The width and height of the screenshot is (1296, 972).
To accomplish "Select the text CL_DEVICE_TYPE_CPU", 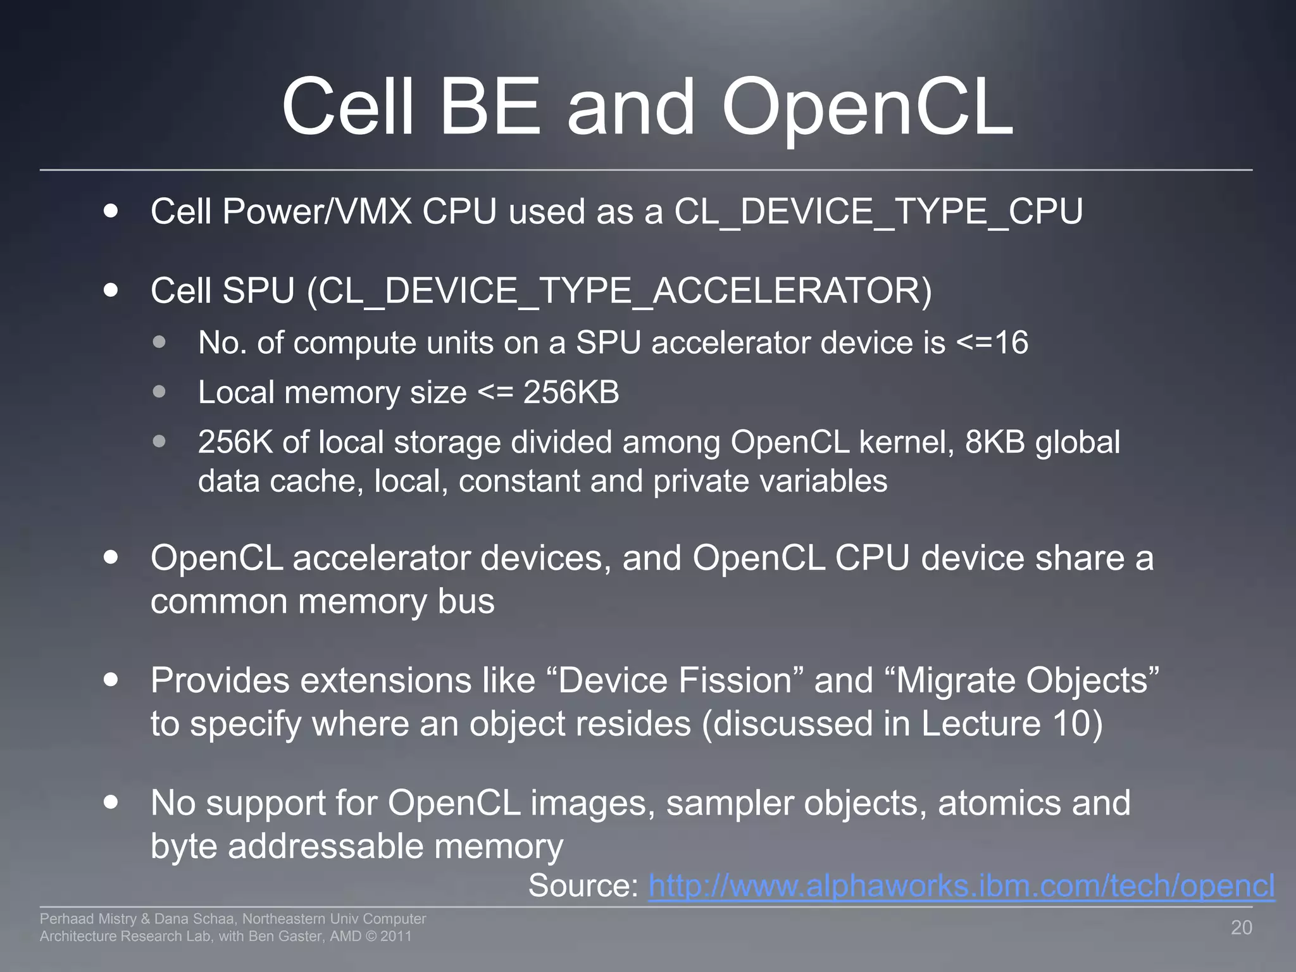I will point(878,211).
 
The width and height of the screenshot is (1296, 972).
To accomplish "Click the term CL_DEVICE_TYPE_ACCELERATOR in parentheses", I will point(618,292).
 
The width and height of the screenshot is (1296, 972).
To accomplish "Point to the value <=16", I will point(992,343).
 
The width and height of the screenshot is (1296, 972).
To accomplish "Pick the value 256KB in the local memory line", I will point(571,392).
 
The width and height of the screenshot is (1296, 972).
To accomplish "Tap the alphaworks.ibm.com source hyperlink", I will point(961,885).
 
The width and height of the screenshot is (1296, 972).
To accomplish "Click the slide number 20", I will point(1241,928).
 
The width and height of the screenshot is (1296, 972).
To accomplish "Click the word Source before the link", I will point(583,885).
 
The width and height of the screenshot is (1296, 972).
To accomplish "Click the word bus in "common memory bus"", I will point(466,601).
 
